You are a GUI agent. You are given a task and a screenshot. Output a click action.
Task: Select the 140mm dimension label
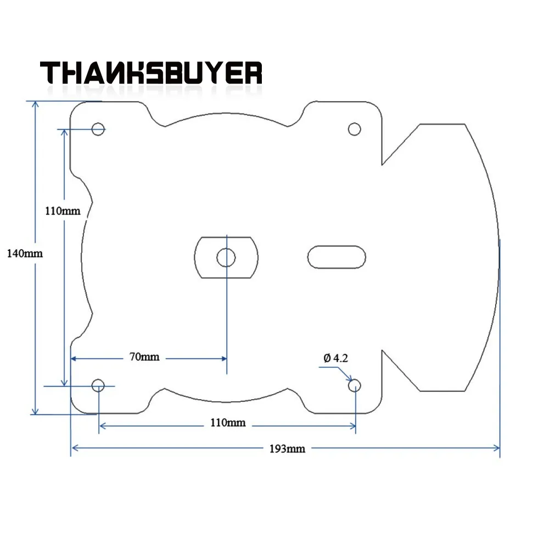click(x=24, y=254)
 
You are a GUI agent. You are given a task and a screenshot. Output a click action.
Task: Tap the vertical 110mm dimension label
click(x=62, y=210)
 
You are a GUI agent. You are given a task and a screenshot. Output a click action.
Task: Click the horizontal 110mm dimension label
click(x=228, y=423)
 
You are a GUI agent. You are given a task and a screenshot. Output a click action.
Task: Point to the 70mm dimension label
click(x=144, y=357)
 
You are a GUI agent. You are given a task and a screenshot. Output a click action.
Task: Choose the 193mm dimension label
click(x=287, y=449)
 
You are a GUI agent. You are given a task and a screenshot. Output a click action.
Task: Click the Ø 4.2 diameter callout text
click(x=336, y=358)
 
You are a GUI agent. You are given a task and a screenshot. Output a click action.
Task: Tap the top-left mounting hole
click(x=98, y=130)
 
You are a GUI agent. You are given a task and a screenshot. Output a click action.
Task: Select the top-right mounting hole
click(x=355, y=130)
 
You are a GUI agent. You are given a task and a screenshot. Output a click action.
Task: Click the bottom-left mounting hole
click(x=98, y=385)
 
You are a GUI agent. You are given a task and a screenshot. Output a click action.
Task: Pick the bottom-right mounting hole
click(x=355, y=385)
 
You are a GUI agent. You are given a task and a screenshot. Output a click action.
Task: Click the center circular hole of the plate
click(x=226, y=257)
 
